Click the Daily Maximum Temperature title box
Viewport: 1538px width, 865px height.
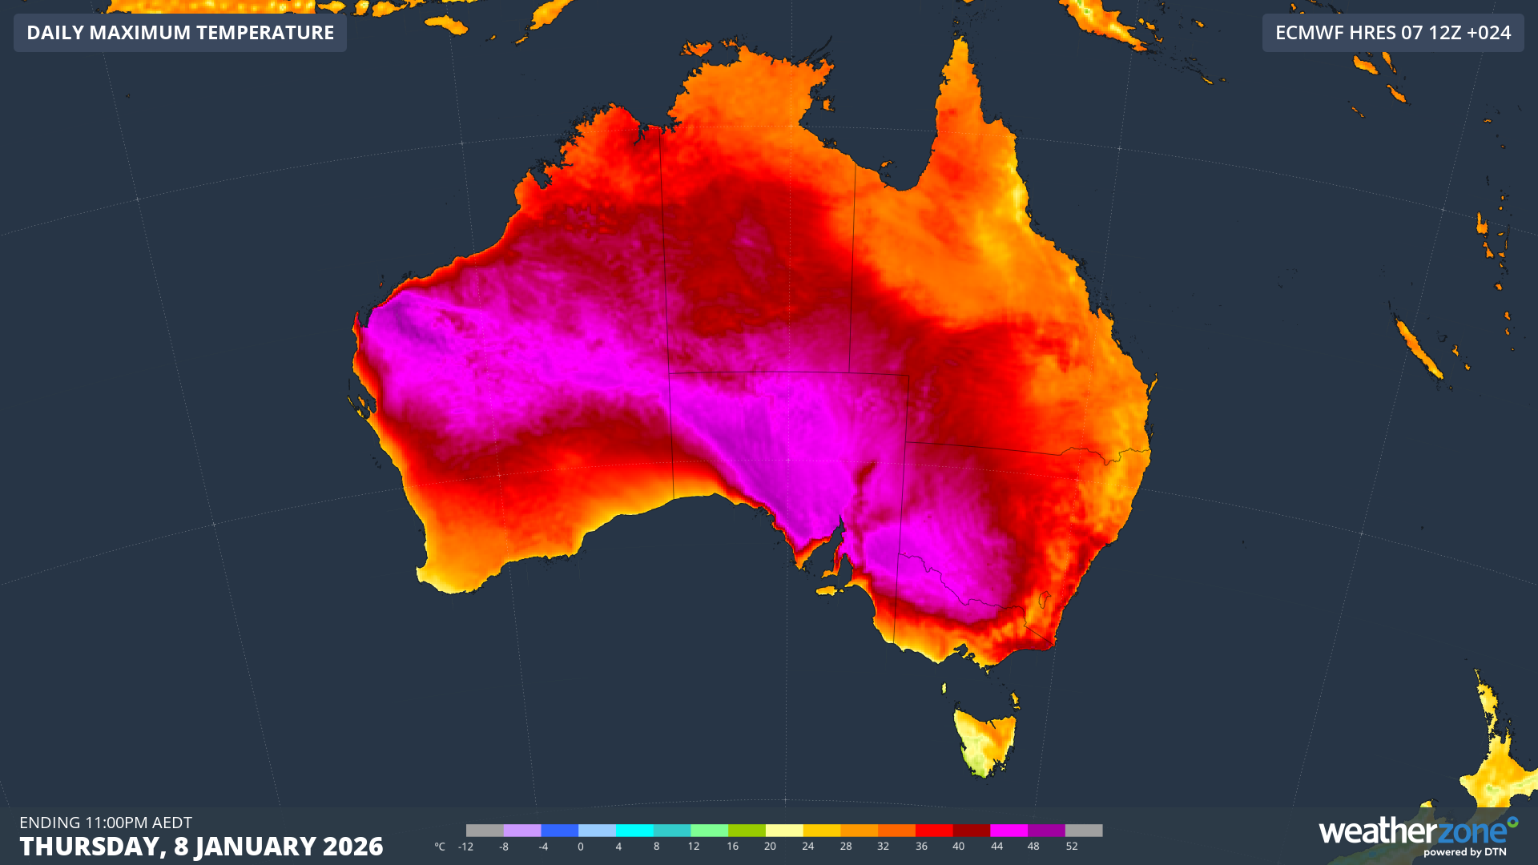tap(180, 33)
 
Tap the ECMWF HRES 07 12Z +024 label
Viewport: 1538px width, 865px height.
tap(1392, 33)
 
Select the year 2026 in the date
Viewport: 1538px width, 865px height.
tap(352, 847)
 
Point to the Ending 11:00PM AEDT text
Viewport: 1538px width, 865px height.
tap(106, 823)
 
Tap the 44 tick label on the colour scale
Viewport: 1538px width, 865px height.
tap(996, 847)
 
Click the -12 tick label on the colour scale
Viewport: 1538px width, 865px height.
tap(465, 847)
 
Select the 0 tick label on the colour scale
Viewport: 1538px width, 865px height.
tap(580, 847)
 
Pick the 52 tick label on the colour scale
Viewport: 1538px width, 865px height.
tap(1072, 847)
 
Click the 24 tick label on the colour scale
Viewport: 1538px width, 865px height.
tap(807, 847)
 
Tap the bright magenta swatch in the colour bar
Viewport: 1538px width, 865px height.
tap(1009, 831)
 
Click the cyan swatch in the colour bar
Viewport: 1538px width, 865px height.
tap(634, 831)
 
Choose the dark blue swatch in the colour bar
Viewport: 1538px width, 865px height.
tap(559, 831)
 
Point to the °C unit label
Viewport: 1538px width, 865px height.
tap(440, 847)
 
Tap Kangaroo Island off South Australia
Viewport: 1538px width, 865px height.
tap(833, 590)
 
